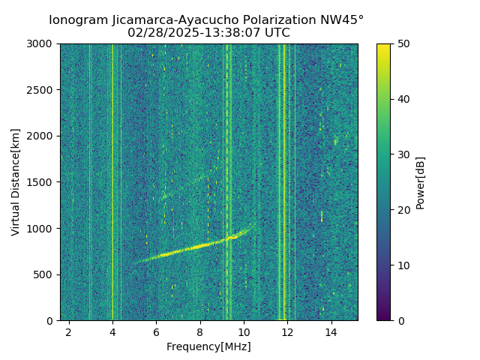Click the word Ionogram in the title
(78, 19)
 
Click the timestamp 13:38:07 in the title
(239, 33)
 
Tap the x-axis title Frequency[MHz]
(208, 346)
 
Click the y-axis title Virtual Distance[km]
(16, 182)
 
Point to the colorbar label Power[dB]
(421, 182)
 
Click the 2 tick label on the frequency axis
(69, 331)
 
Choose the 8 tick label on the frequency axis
(200, 331)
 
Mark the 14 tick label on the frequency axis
(331, 331)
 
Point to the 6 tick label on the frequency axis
(156, 331)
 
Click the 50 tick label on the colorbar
(402, 44)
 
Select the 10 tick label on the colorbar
(402, 265)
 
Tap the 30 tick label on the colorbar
(402, 154)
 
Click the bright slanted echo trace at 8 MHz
(200, 246)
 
